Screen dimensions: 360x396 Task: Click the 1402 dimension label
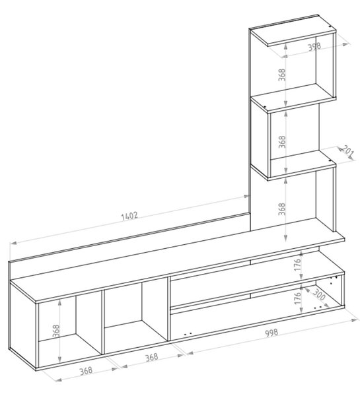[129, 216]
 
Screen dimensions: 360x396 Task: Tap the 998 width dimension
[271, 333]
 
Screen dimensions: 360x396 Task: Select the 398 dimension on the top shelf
[314, 46]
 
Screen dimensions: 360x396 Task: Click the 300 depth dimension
[319, 294]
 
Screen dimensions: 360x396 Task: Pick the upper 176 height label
[298, 265]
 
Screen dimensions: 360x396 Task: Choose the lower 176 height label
[298, 298]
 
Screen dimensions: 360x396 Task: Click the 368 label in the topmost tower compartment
[281, 75]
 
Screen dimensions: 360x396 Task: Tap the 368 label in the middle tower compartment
[281, 142]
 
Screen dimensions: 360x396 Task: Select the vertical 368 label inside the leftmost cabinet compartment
[56, 331]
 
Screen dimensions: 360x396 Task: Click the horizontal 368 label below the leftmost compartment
[86, 371]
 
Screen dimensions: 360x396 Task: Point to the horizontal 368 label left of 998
[152, 357]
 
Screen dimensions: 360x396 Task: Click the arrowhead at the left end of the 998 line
[190, 353]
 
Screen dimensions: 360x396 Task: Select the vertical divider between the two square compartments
[102, 322]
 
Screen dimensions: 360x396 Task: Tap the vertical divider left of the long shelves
[169, 309]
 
